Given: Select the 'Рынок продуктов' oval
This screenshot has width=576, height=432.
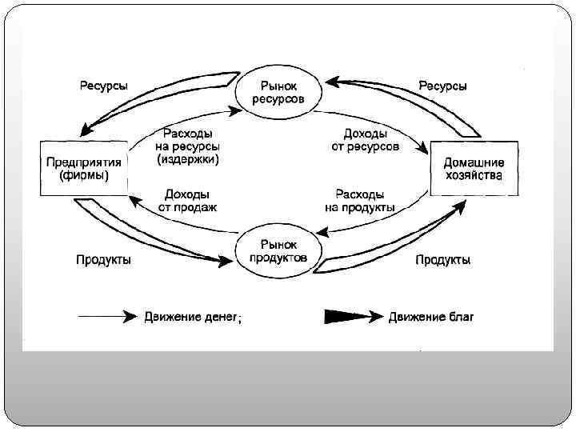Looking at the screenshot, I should pyautogui.click(x=278, y=250).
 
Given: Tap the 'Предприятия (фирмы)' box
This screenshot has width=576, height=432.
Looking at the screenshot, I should pyautogui.click(x=83, y=168).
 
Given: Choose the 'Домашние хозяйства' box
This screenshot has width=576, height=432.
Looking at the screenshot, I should pyautogui.click(x=474, y=168).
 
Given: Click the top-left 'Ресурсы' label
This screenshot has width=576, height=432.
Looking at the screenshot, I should pyautogui.click(x=103, y=86).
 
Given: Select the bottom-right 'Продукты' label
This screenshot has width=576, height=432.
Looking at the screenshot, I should pyautogui.click(x=442, y=260).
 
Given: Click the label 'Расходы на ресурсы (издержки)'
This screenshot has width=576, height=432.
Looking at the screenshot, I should pyautogui.click(x=188, y=146).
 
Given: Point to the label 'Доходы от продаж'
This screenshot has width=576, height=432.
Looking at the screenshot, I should pyautogui.click(x=187, y=200).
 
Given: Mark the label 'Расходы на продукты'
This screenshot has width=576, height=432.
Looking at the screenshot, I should pyautogui.click(x=360, y=200).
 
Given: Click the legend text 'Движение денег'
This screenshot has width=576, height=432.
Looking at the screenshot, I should pyautogui.click(x=191, y=317).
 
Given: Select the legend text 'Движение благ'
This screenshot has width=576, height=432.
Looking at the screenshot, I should pyautogui.click(x=431, y=317).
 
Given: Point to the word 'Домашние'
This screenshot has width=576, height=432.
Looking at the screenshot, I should pyautogui.click(x=474, y=162).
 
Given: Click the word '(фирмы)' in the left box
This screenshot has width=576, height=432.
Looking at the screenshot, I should pyautogui.click(x=83, y=175).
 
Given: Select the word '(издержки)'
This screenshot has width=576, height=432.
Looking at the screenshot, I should pyautogui.click(x=188, y=159).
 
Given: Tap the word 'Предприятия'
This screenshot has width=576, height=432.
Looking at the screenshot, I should pyautogui.click(x=83, y=162).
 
